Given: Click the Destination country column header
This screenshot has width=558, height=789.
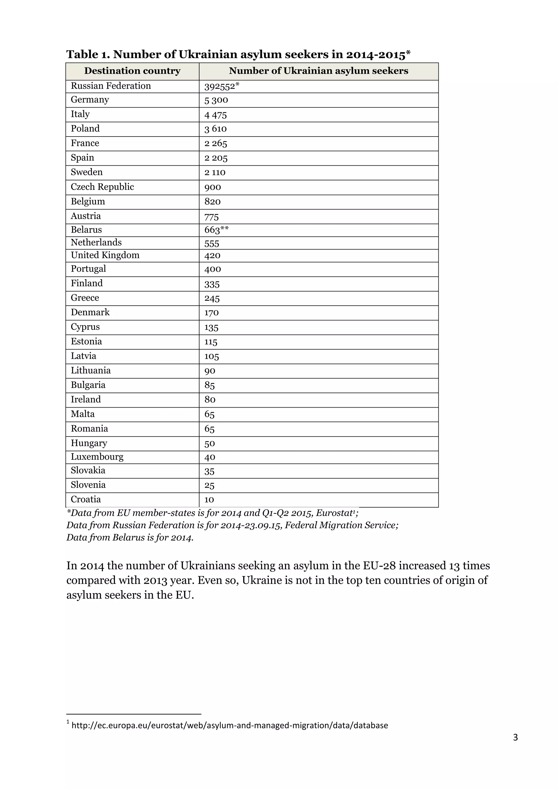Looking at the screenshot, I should click(x=132, y=71).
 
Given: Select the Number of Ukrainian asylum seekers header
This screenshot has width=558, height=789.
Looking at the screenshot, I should click(x=319, y=71).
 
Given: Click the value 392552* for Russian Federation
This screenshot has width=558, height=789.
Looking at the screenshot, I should click(x=221, y=86).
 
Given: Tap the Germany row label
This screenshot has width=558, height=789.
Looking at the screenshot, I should click(x=90, y=100).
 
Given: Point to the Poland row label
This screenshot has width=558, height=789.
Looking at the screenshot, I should click(x=85, y=129).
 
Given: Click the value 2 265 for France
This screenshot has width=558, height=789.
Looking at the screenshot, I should click(x=216, y=143).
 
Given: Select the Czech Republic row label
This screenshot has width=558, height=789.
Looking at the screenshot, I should click(x=102, y=187).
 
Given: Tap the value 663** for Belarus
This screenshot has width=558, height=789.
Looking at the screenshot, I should click(x=216, y=230).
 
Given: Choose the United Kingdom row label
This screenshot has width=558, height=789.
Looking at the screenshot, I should click(x=105, y=255).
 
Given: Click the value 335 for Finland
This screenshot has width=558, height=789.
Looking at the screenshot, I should click(x=212, y=284).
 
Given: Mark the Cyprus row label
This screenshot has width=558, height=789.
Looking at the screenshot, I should click(x=85, y=327).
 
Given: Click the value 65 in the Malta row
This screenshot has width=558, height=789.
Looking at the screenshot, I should click(x=209, y=414).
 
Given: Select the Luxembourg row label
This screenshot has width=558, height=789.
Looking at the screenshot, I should click(x=97, y=457).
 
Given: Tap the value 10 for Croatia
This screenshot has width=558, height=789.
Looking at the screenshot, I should click(x=209, y=500).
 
